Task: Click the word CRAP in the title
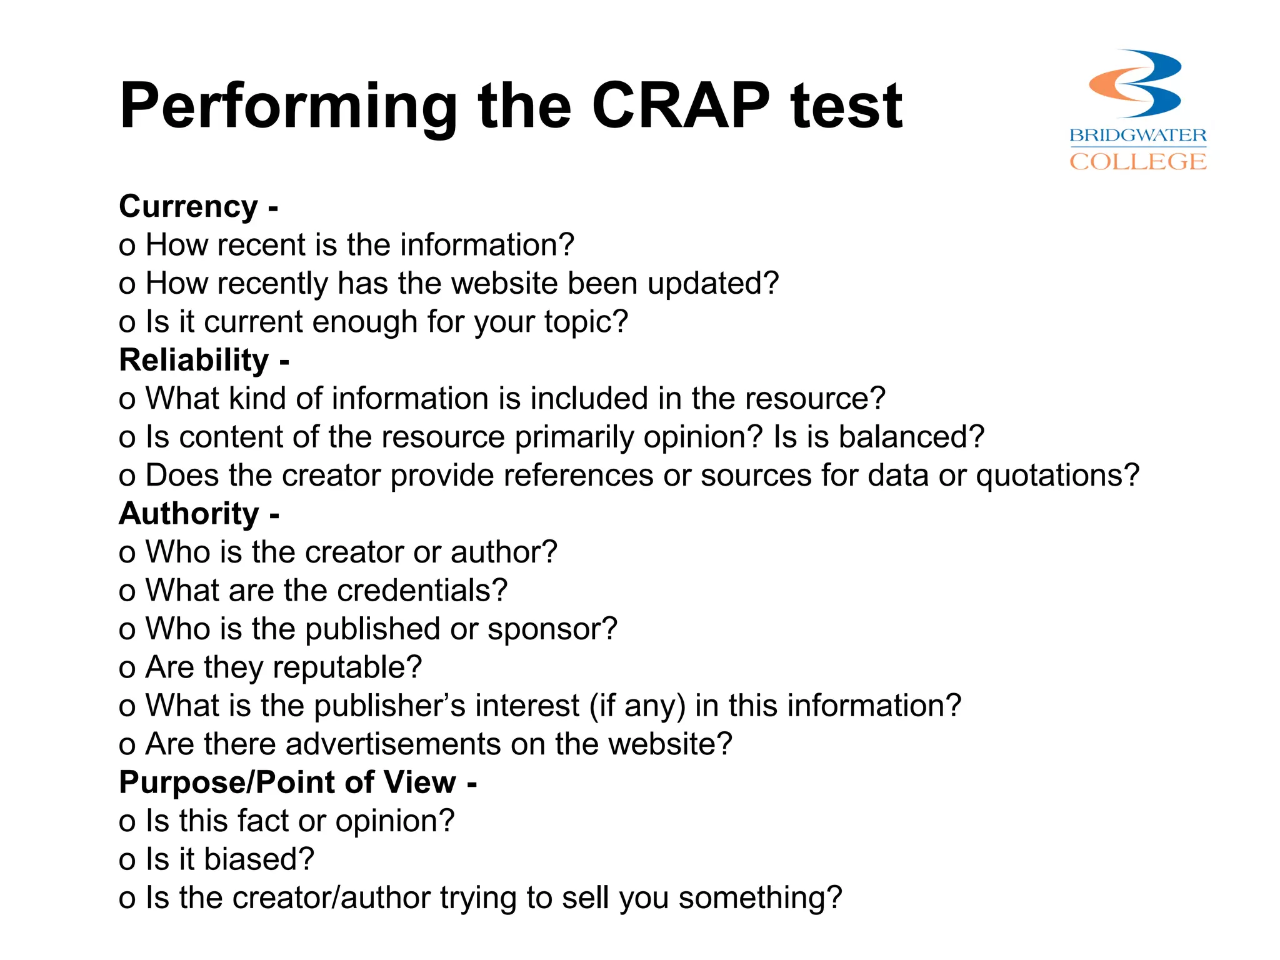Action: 681,106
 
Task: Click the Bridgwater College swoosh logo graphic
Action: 1135,84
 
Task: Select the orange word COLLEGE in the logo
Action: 1137,161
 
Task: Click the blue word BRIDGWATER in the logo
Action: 1137,135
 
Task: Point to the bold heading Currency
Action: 188,207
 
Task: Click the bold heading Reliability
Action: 194,361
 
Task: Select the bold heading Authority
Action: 189,514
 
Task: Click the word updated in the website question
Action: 706,284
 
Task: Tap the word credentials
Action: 414,591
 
